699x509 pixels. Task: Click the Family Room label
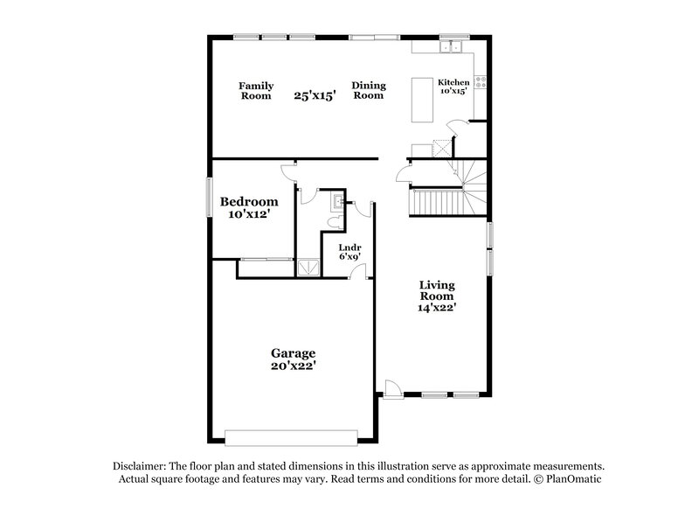tap(257, 91)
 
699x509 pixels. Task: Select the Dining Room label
tap(369, 91)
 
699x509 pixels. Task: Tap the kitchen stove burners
tap(481, 86)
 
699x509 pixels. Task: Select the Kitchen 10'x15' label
tap(453, 86)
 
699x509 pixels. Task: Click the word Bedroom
tap(248, 201)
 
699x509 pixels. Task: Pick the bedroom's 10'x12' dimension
tap(248, 213)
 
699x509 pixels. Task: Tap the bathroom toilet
tap(333, 224)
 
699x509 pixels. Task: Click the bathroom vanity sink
tap(336, 203)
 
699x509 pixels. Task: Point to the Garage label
tap(292, 353)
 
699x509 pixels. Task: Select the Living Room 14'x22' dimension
tap(438, 307)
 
